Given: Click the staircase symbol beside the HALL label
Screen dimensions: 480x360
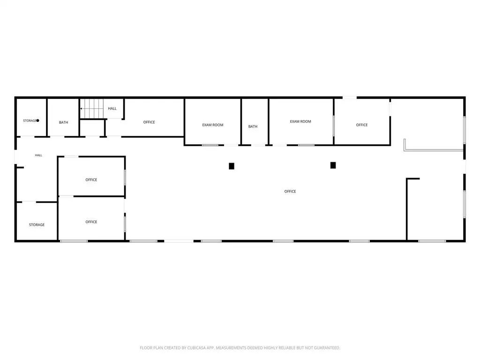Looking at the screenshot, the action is coord(92,108).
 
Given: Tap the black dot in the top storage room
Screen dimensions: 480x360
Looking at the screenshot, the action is coord(37,120).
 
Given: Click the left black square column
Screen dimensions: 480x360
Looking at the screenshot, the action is coord(232,166).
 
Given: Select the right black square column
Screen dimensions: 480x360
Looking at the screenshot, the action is coord(333,165).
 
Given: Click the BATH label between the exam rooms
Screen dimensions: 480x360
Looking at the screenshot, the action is coord(253,127).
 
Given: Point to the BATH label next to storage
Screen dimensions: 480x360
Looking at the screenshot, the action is coord(63,122).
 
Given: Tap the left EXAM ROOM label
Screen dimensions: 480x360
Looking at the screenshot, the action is coord(213,125).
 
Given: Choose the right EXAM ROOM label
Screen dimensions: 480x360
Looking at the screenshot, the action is coord(300,121).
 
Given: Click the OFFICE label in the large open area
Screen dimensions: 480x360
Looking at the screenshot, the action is coord(290,191).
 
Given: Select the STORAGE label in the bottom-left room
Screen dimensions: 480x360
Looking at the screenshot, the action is coord(37,225).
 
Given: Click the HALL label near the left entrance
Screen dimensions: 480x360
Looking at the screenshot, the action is coord(38,155).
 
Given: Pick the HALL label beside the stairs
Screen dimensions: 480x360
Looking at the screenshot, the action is coord(112,108).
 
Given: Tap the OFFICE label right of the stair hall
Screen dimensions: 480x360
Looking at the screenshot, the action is coord(149,122).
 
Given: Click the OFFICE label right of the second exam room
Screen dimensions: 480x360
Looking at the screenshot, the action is coord(362,125).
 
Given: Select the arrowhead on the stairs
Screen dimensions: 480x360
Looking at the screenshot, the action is coord(81,108).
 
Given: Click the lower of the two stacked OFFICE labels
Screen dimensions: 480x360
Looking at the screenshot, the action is coord(91,222).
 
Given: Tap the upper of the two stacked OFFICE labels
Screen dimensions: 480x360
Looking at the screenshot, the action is coord(91,180).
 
